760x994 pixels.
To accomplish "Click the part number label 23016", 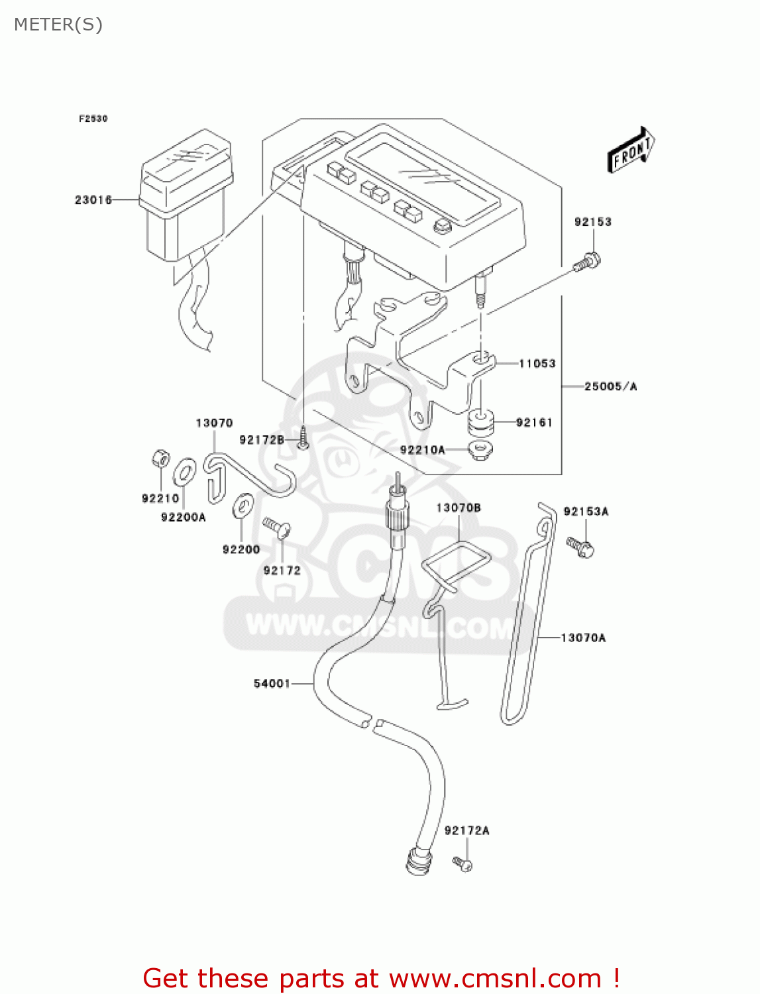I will pos(93,199).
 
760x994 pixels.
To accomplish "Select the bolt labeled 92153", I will pos(587,262).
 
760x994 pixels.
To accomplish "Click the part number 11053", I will pos(537,363).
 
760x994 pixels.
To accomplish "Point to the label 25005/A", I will pos(610,386).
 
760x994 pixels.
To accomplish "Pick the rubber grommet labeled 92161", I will pos(480,422).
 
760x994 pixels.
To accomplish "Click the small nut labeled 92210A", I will pos(480,450).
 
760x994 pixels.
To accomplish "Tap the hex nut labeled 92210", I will pos(160,458).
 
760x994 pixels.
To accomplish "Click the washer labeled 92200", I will pos(242,506).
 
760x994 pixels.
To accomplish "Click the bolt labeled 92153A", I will pos(580,547).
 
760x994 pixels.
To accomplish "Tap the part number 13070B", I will pos(458,508).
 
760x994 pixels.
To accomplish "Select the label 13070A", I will pos(583,637).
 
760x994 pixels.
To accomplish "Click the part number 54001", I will pos(272,683).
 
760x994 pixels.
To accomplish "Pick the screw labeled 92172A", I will pos(462,863).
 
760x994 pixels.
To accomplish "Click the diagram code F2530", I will pos(93,119).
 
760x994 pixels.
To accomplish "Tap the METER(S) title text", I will pos(58,25).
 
